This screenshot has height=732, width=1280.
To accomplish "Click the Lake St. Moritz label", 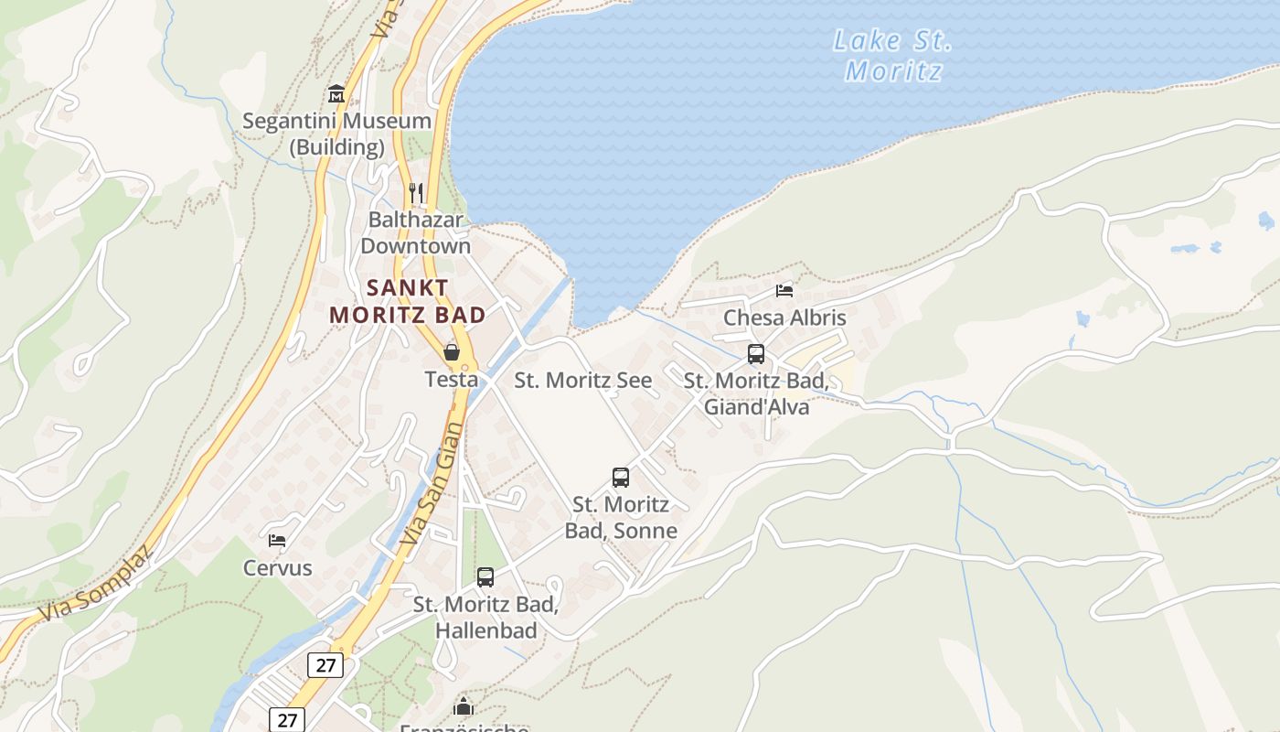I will coord(892,55).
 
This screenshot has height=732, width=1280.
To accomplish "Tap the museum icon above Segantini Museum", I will coord(336,93).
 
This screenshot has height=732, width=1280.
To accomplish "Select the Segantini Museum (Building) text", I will coord(336,134).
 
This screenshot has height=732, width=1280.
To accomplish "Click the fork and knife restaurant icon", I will coord(416,192).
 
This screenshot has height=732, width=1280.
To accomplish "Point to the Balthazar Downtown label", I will coord(416,232).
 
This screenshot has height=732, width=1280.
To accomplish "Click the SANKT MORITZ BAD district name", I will coord(408,301).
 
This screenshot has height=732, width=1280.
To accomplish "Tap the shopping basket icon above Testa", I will coord(451,351).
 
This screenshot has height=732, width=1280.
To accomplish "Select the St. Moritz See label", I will coord(583,381).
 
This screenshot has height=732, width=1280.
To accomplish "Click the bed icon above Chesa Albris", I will coord(784,291).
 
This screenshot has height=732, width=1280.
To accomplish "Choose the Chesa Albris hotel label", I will coord(784,318).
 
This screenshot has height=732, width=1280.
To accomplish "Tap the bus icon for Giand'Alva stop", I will coord(756,354).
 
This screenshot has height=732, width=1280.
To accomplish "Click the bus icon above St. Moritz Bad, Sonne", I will coord(621,477).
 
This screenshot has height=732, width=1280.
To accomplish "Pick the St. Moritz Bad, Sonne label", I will coord(621,517).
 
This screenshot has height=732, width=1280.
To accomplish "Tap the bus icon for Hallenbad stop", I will coord(485,577).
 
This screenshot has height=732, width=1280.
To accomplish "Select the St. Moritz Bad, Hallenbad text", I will coord(485,618).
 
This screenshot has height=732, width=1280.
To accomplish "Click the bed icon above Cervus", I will coord(277,540).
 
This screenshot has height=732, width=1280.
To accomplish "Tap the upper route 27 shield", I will coord(325,665).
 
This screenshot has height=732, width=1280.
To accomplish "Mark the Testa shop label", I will coord(451,379).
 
